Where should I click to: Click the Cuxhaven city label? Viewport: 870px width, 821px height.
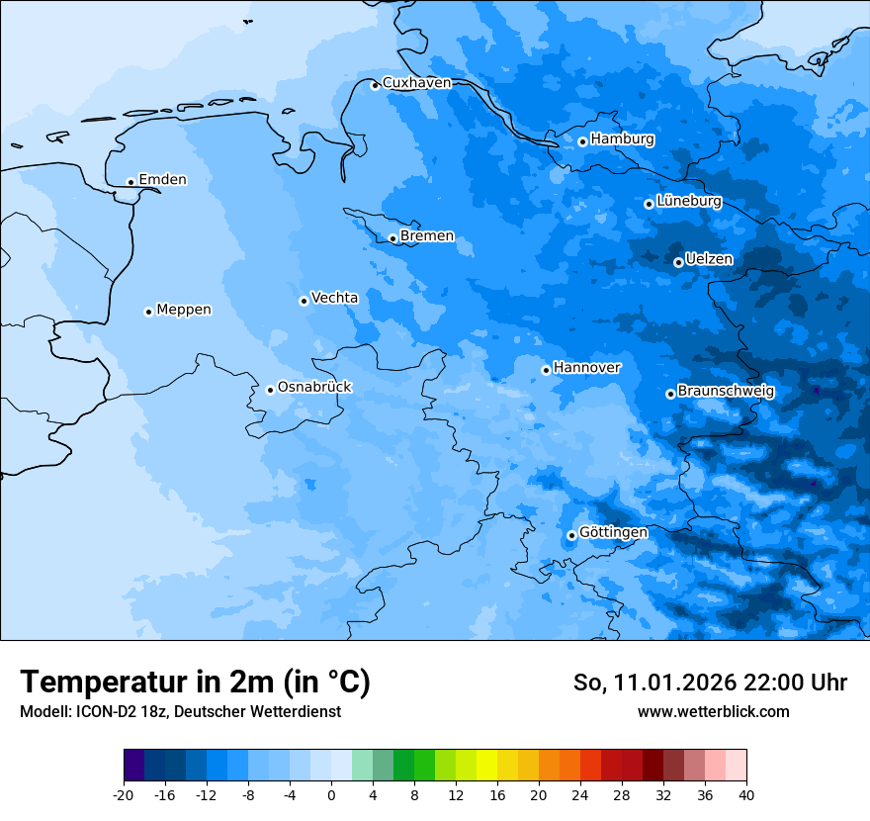[416, 83]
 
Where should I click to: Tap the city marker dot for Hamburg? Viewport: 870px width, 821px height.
[582, 141]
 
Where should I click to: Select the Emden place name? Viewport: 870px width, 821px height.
[162, 180]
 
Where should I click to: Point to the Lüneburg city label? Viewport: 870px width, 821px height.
[689, 202]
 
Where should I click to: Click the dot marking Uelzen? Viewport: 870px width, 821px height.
[678, 262]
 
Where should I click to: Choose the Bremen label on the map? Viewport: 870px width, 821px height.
[427, 236]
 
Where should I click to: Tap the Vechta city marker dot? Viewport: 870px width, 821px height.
[304, 301]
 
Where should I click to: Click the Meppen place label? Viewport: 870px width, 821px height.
[184, 310]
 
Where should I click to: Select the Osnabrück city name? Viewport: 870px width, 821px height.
[314, 388]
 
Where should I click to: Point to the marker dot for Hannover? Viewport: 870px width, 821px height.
[546, 370]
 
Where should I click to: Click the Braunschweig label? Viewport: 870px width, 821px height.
[726, 392]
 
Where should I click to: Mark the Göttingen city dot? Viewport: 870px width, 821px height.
[571, 535]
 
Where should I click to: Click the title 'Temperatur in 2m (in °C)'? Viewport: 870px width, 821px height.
[195, 683]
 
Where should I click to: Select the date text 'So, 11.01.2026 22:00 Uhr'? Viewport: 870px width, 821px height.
[710, 683]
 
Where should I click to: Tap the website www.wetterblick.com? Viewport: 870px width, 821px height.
[713, 711]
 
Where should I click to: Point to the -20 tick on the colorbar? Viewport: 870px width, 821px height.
[124, 794]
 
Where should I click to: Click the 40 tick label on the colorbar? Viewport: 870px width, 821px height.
[746, 794]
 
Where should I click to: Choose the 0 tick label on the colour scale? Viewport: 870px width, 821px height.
[331, 794]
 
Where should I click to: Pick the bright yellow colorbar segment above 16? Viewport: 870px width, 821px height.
[486, 766]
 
